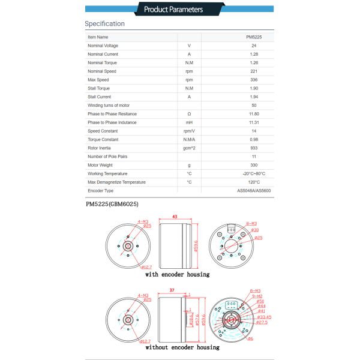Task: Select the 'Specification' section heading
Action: (x=104, y=24)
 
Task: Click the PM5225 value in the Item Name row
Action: (x=254, y=37)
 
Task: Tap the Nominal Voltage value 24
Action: (x=254, y=46)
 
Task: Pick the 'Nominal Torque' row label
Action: (x=102, y=63)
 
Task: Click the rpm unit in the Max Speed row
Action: (x=189, y=80)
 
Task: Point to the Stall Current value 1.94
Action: (x=254, y=97)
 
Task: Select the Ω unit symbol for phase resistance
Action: (x=189, y=114)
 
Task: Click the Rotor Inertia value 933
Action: (x=254, y=148)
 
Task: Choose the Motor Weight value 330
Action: (x=254, y=165)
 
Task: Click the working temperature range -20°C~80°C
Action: (x=254, y=173)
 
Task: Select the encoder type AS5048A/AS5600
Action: (x=254, y=191)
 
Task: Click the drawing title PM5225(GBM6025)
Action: (x=112, y=205)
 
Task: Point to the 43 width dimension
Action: (x=174, y=217)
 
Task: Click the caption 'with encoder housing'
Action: (x=177, y=275)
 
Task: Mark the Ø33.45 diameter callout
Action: (x=264, y=317)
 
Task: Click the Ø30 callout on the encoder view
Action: (x=255, y=230)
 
